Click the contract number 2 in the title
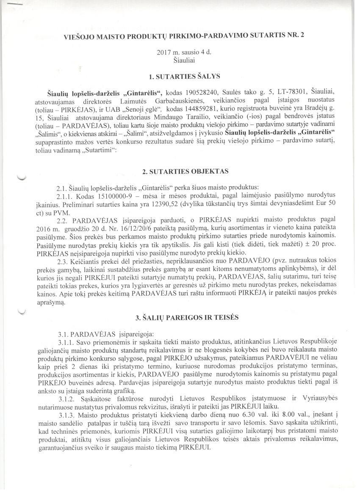(302, 36)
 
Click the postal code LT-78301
(292, 93)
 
